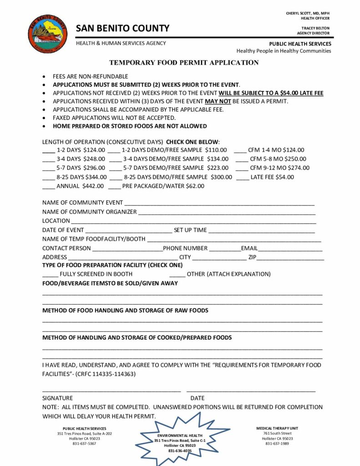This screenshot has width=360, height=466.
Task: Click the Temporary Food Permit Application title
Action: click(184, 62)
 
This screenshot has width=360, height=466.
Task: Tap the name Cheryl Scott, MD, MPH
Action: click(308, 13)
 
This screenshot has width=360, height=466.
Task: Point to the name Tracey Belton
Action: click(315, 28)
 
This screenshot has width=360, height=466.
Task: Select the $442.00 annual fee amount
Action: click(93, 186)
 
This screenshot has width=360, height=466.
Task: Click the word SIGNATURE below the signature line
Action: click(57, 398)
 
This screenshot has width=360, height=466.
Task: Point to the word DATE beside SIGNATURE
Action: click(197, 398)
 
